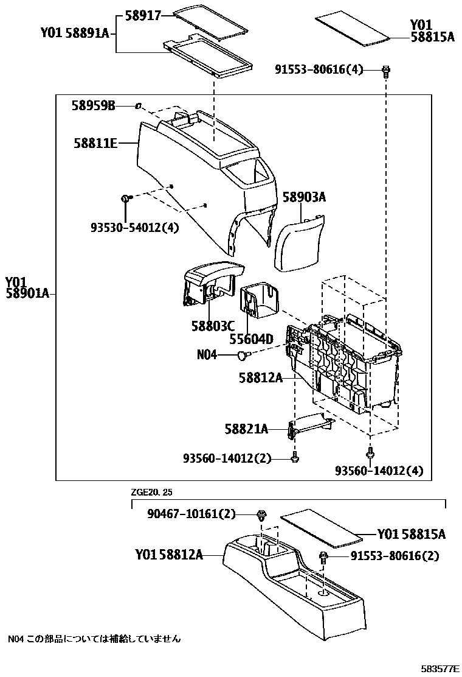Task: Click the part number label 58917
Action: [143, 15]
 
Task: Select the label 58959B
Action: [93, 106]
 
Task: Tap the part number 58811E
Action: [95, 144]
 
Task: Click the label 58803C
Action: [213, 326]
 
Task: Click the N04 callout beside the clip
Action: [207, 354]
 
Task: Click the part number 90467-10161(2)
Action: [191, 514]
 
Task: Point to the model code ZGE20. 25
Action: [155, 491]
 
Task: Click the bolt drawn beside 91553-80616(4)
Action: [385, 71]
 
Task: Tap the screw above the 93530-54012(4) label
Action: [126, 198]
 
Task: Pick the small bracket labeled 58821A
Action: [310, 426]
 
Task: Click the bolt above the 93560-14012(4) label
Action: [370, 452]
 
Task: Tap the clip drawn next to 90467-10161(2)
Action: [261, 514]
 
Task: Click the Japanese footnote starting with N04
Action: [94, 639]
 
